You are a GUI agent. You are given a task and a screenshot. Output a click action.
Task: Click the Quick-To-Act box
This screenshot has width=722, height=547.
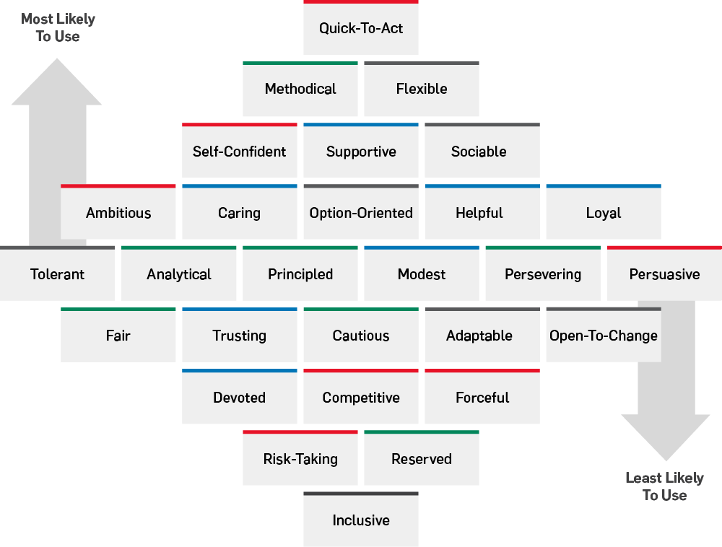361,29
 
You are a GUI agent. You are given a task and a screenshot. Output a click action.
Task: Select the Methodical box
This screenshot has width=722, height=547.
300,89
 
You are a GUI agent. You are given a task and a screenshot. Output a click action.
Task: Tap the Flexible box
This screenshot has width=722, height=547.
422,89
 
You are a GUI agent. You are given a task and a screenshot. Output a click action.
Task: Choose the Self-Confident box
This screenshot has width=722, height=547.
240,152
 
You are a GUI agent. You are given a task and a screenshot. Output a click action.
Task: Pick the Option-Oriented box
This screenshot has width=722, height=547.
361,213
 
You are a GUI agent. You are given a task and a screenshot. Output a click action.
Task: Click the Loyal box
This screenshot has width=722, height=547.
604,213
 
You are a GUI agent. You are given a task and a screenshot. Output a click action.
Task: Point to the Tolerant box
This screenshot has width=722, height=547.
57,274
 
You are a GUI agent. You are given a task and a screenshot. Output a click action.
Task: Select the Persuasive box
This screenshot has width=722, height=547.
664,274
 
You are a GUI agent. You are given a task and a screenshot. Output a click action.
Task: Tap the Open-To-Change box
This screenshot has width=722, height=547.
604,336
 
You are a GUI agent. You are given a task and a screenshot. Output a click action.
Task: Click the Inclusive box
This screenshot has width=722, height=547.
361,520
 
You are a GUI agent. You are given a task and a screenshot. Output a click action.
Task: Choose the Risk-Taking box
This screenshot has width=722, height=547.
300,459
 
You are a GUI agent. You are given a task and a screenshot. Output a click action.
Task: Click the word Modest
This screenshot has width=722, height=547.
422,274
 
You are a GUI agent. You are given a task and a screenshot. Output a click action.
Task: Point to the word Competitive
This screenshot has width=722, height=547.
361,398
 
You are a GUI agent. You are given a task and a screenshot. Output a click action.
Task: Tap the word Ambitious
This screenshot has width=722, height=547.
118,213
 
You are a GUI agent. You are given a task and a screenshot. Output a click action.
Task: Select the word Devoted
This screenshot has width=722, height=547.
239,398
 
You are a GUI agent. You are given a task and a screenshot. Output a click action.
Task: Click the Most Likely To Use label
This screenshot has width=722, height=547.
58,27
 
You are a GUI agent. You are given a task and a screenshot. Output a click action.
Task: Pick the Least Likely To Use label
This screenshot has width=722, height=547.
664,486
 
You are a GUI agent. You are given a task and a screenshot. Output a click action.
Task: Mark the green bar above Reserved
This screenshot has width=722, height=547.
422,432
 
